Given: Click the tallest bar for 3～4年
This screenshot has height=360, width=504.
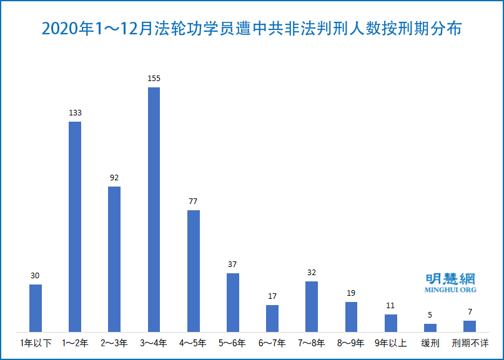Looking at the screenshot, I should click(x=154, y=209).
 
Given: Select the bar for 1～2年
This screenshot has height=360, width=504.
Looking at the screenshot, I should click(x=75, y=226).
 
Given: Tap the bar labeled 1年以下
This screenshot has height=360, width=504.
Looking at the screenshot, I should click(x=36, y=308).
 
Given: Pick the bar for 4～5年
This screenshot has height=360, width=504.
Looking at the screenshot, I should click(x=194, y=270).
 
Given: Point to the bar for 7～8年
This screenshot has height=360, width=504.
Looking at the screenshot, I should click(x=312, y=306).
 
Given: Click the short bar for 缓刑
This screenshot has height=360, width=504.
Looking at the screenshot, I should click(x=430, y=328).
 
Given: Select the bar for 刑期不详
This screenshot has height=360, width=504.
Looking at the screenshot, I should click(x=470, y=326).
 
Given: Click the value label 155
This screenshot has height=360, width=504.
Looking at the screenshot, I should click(x=154, y=79).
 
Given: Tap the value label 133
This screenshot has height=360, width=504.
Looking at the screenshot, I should click(x=75, y=113).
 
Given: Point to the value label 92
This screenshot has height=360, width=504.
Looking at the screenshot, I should click(x=114, y=178).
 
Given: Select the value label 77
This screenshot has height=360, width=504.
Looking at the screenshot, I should click(x=194, y=202).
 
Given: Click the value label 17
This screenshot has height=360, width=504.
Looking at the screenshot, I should click(x=272, y=296).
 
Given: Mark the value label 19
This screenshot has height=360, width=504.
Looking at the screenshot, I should click(x=351, y=293).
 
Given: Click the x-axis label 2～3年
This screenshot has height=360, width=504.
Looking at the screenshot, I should click(x=114, y=343).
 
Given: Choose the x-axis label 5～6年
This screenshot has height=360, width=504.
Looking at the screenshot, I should click(x=233, y=343).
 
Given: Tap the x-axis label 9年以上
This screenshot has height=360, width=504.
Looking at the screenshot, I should click(x=391, y=343).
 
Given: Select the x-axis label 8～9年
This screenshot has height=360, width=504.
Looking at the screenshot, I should click(x=351, y=343).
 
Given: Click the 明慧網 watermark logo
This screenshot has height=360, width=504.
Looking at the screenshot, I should click(x=450, y=279).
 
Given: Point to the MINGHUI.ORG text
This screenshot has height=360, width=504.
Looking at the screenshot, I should click(x=450, y=290).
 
